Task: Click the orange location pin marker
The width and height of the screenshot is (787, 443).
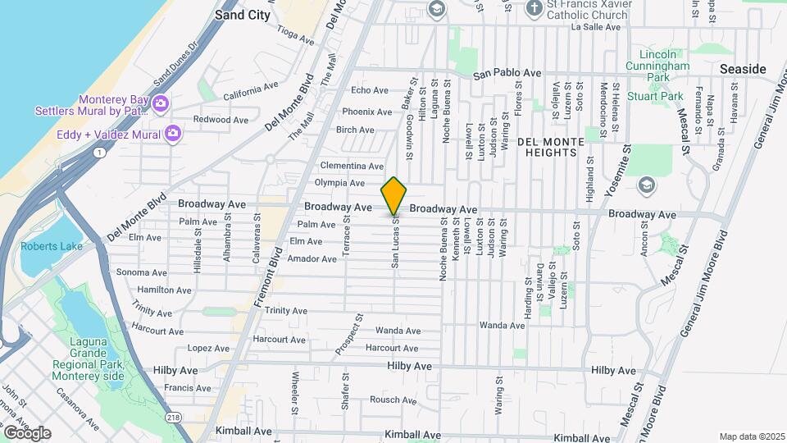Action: [393, 195]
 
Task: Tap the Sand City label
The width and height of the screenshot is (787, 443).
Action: [243, 14]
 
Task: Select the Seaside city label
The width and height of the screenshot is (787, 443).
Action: [742, 69]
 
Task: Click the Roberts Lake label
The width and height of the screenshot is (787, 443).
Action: [46, 246]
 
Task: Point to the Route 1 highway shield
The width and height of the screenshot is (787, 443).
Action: [98, 153]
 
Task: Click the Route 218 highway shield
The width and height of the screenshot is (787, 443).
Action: [174, 417]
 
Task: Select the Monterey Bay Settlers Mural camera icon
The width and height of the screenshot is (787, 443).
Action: [160, 103]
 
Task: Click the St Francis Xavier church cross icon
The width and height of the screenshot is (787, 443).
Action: [534, 8]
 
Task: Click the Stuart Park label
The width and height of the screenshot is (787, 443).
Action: [655, 96]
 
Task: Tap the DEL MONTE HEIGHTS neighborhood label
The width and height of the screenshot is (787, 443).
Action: [551, 148]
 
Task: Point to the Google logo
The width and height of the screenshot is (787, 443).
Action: [26, 433]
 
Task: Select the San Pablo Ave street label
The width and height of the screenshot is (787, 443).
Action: [507, 74]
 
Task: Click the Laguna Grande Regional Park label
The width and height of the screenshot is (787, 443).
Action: [89, 364]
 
